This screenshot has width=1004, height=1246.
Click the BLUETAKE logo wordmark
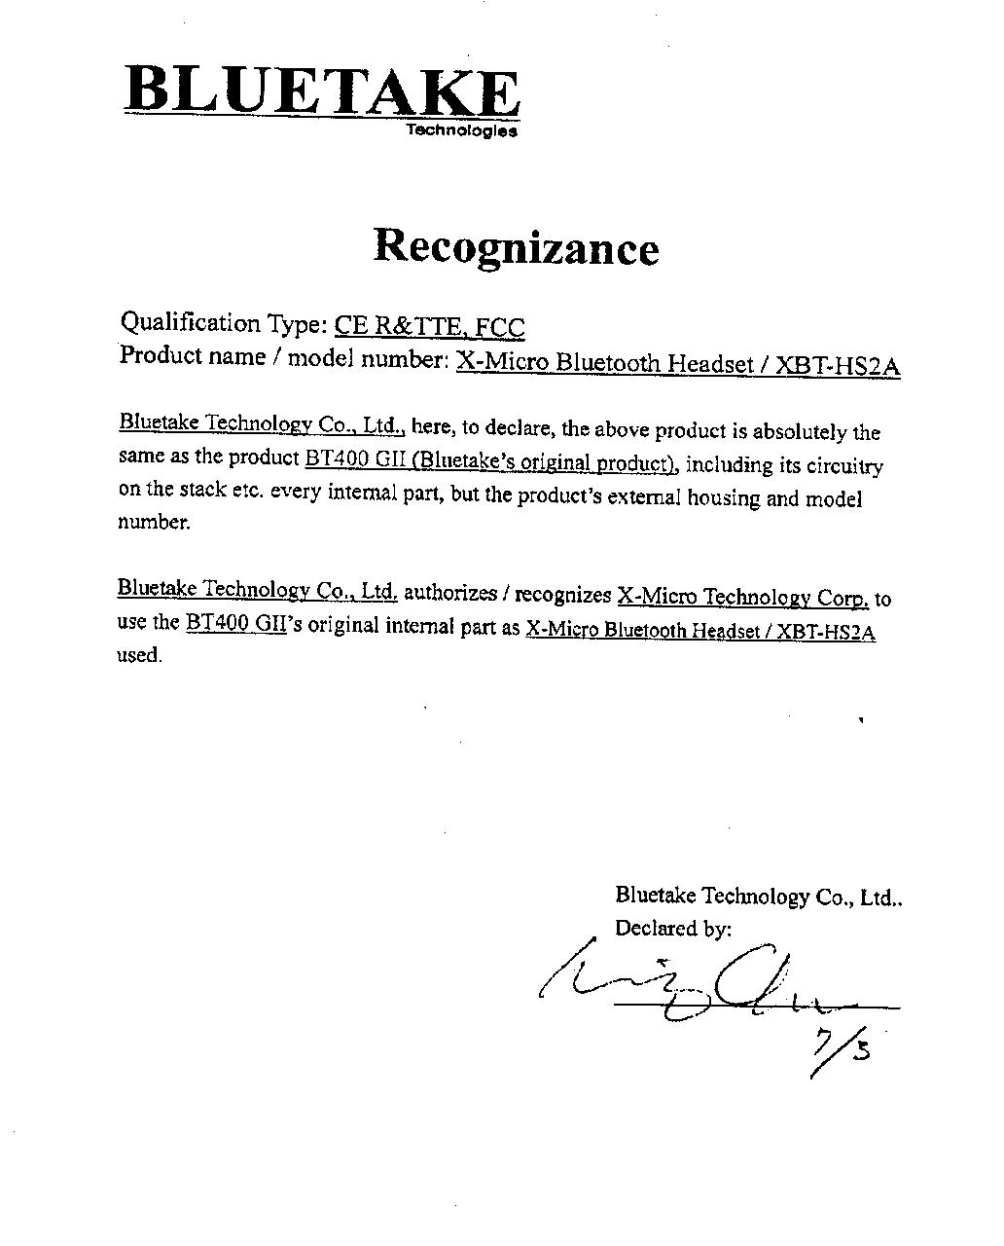coord(322,92)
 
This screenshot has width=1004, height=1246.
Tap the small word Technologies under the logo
coord(461,129)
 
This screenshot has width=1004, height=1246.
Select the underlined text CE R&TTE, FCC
coord(429,327)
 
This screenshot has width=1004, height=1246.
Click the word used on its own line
coord(139,655)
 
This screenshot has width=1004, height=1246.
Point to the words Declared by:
coord(672,929)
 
